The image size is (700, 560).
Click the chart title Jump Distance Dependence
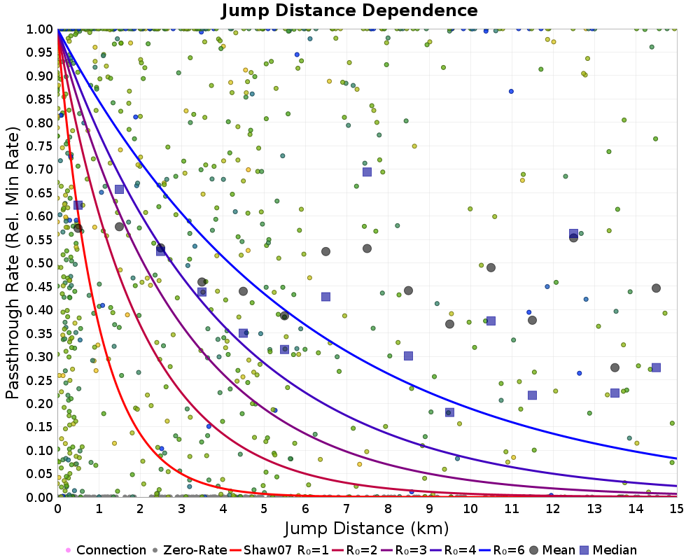click(x=349, y=10)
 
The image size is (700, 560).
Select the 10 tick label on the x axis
click(x=470, y=507)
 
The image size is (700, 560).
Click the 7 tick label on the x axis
click(x=346, y=507)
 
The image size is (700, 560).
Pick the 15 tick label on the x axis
click(x=677, y=507)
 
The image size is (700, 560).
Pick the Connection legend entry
click(x=111, y=550)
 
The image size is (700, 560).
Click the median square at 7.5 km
click(x=367, y=171)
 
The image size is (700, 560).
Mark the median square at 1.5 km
click(x=119, y=189)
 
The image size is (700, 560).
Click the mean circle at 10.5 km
click(x=491, y=267)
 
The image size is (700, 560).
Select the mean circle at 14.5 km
click(x=656, y=288)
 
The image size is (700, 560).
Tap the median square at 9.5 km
click(x=449, y=412)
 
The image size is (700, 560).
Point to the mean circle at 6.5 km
click(x=325, y=251)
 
